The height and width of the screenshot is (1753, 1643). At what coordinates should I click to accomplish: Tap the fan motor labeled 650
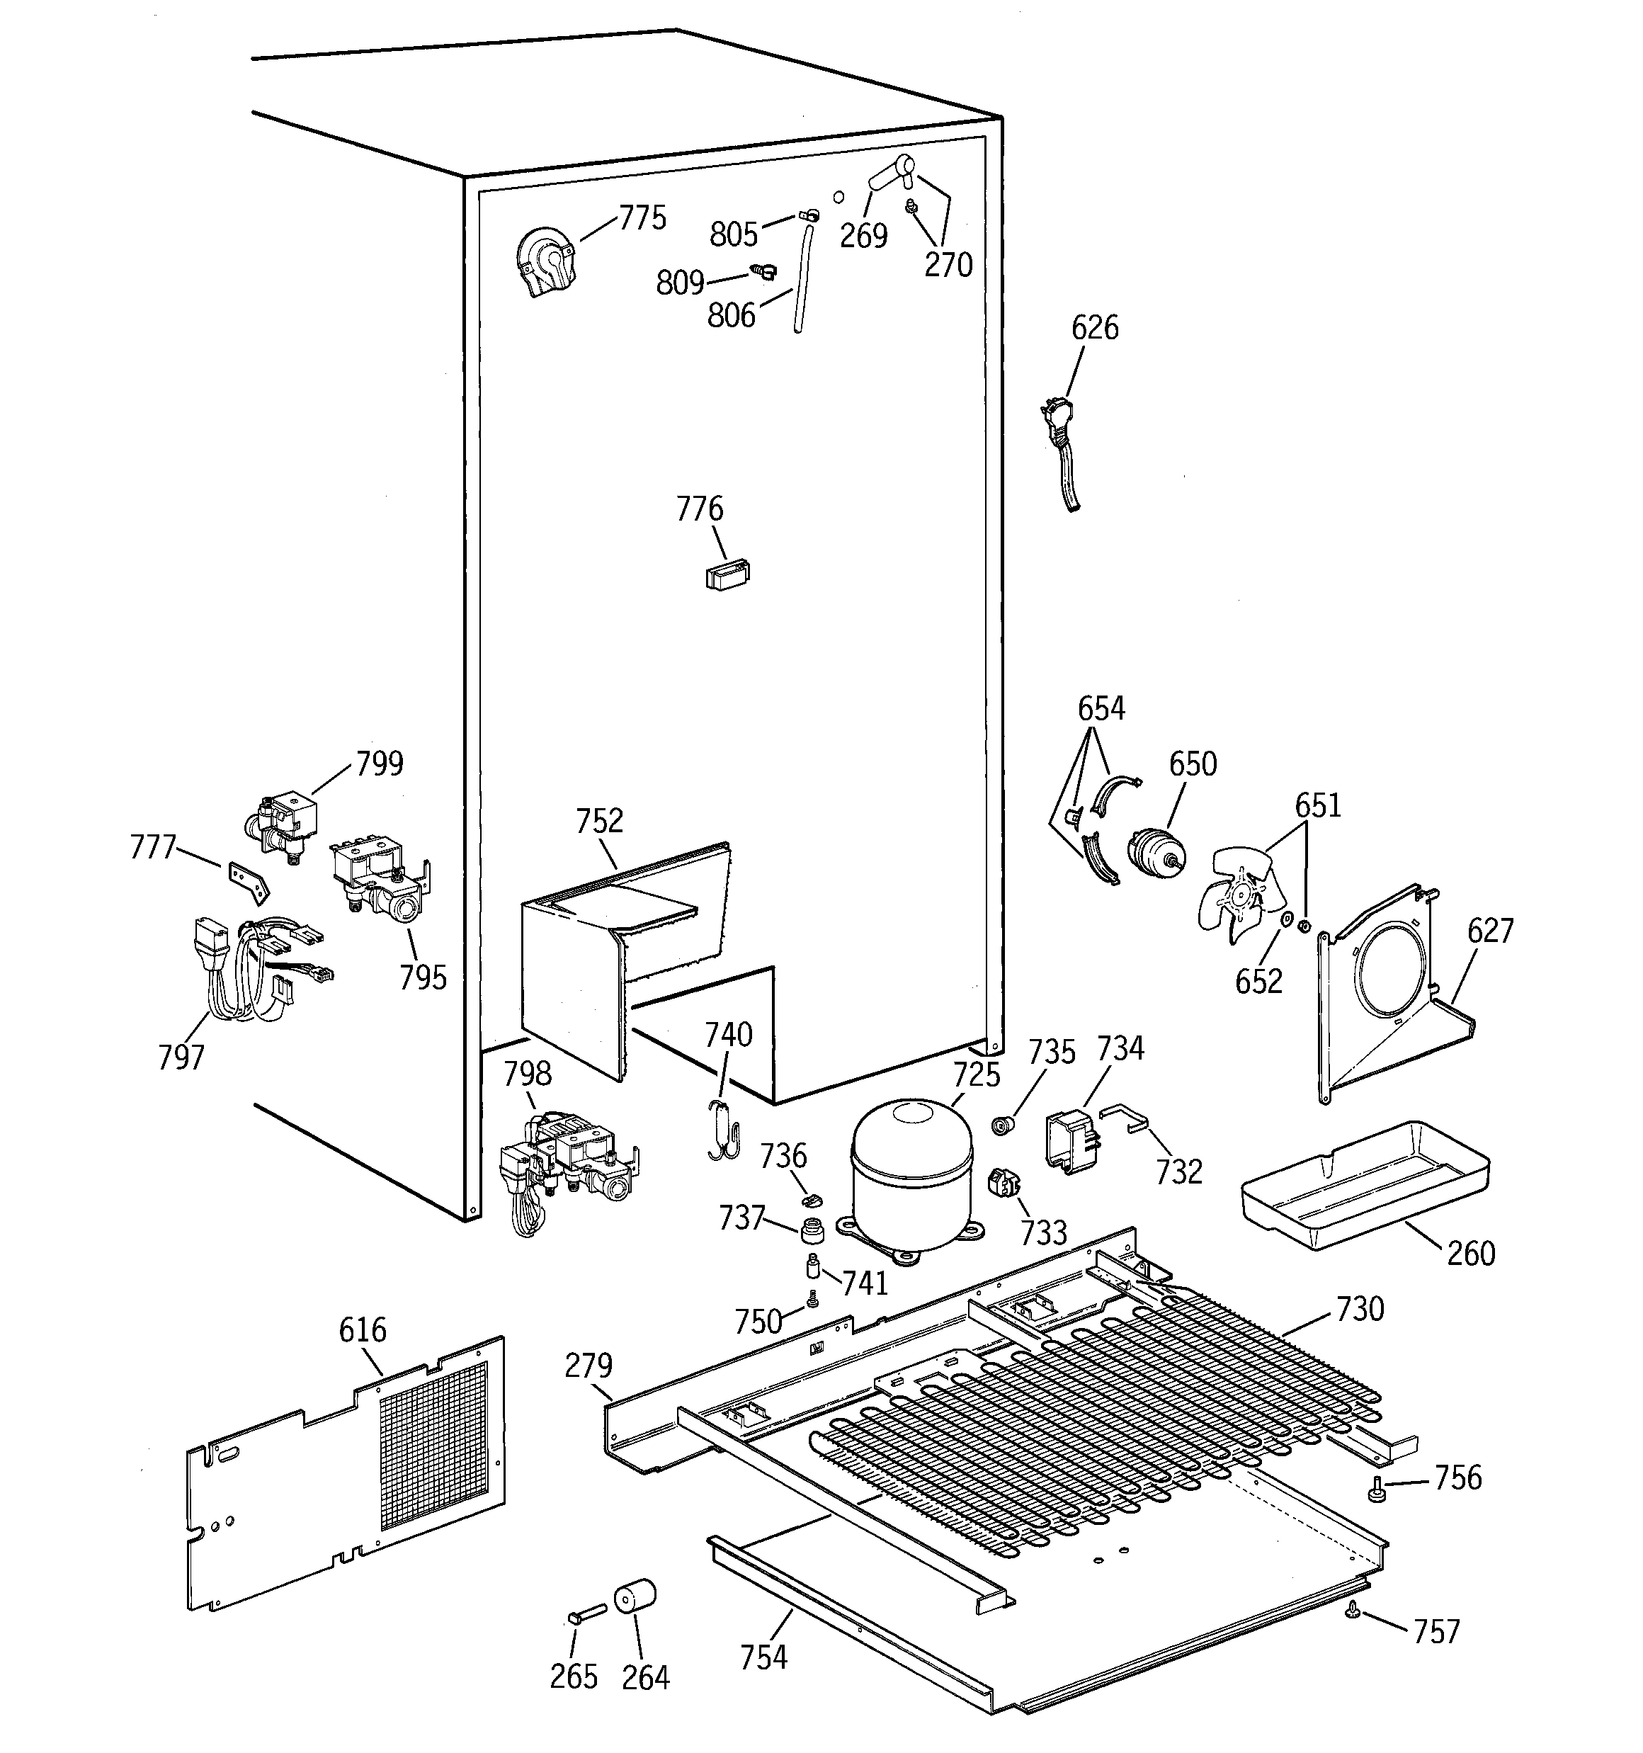[1154, 853]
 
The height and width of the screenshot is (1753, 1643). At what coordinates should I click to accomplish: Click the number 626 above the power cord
[1093, 328]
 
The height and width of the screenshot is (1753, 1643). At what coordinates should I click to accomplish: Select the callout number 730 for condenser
[1359, 1309]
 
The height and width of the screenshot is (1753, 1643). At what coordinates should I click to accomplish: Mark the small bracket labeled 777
[249, 881]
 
